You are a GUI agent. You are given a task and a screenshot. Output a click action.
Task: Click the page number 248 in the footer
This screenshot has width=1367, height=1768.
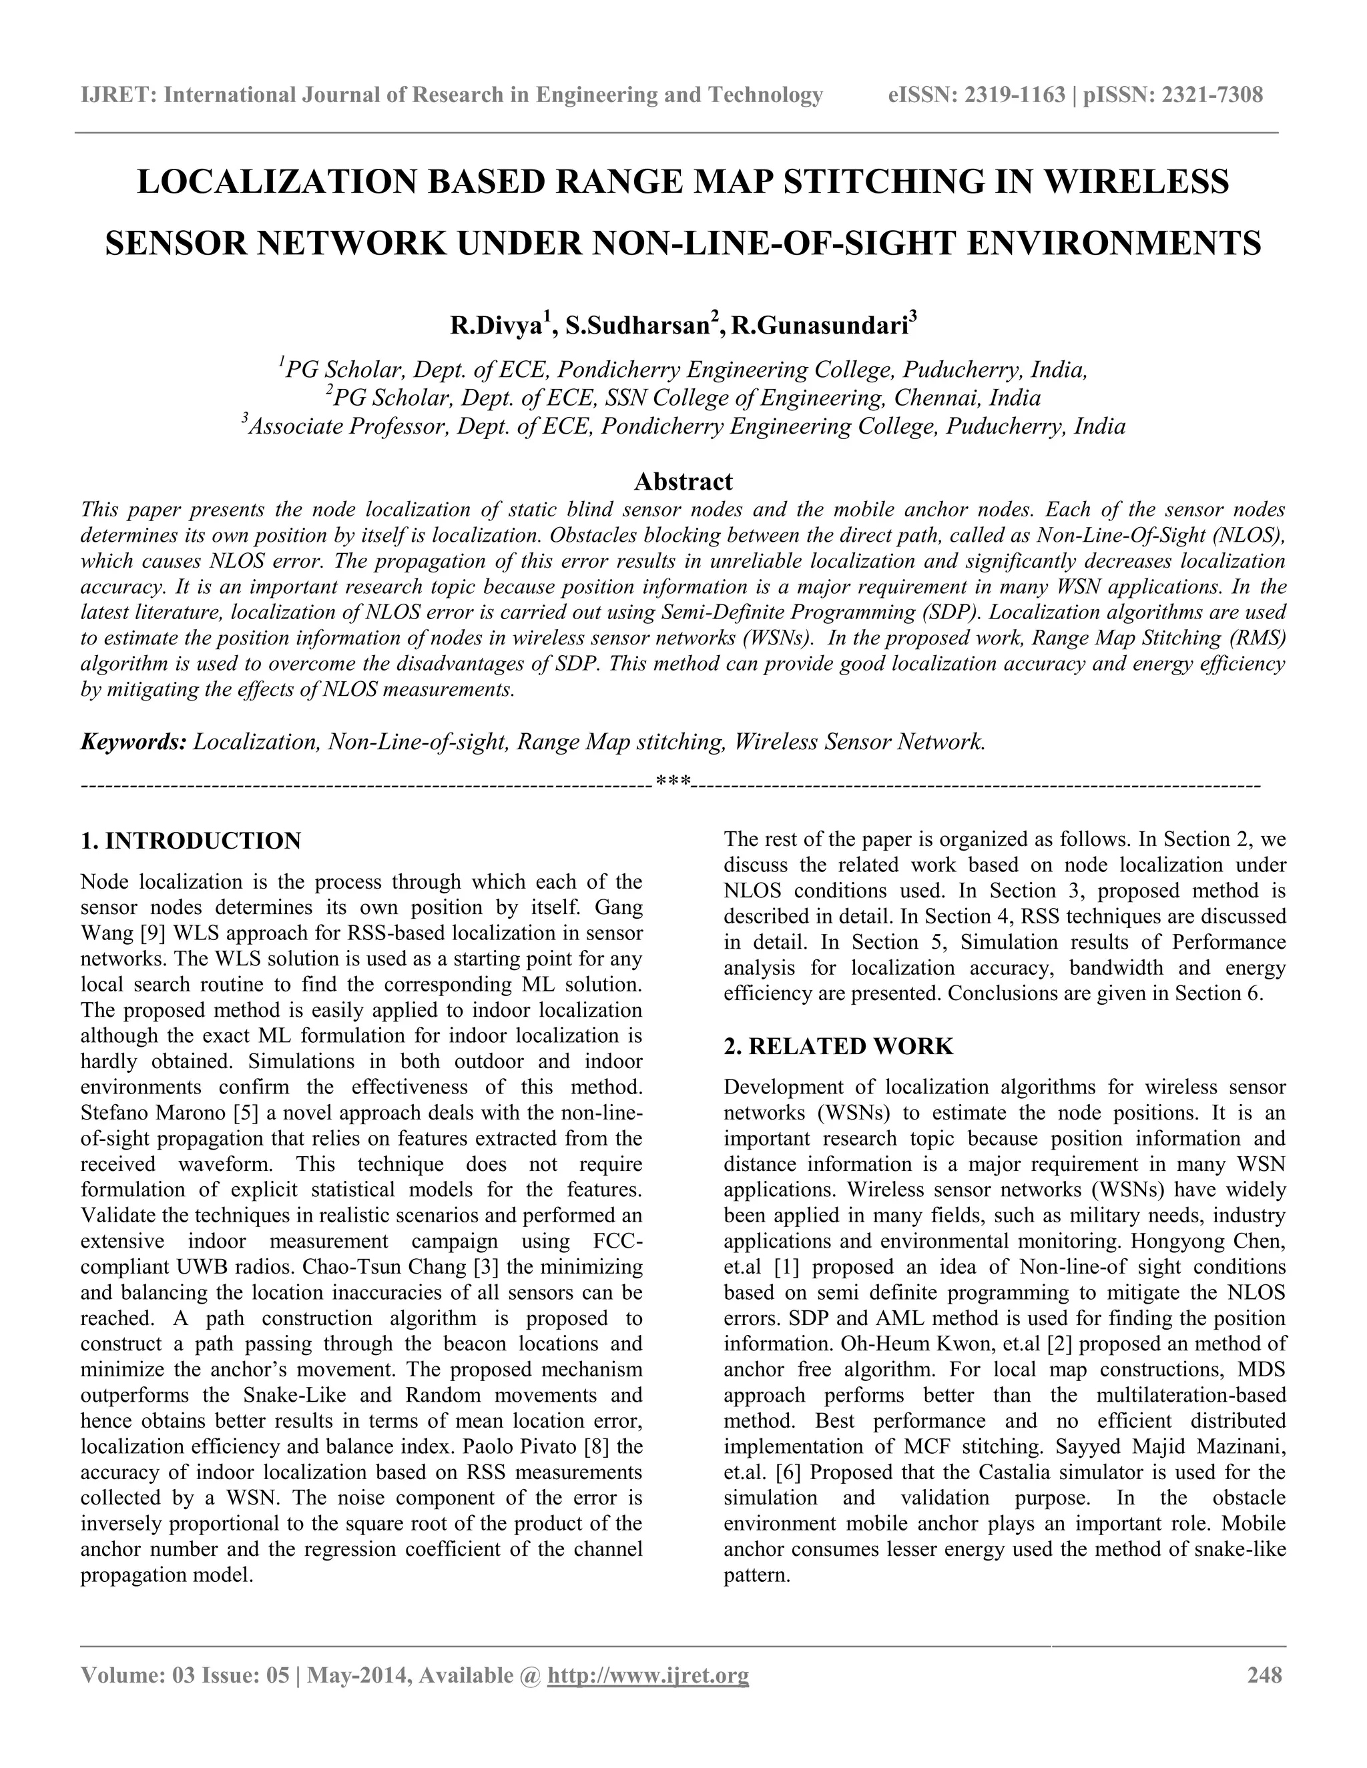tap(1265, 1674)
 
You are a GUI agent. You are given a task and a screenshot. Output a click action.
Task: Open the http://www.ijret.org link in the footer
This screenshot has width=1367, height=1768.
tap(648, 1674)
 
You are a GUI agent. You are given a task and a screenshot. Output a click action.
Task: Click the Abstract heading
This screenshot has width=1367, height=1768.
tap(683, 482)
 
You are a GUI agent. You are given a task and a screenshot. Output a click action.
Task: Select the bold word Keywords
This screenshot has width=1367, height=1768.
tap(133, 741)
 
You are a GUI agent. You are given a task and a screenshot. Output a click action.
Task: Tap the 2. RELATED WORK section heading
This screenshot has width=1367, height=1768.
tap(838, 1046)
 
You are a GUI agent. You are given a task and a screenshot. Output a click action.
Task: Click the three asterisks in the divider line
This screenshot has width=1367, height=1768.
tap(673, 782)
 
